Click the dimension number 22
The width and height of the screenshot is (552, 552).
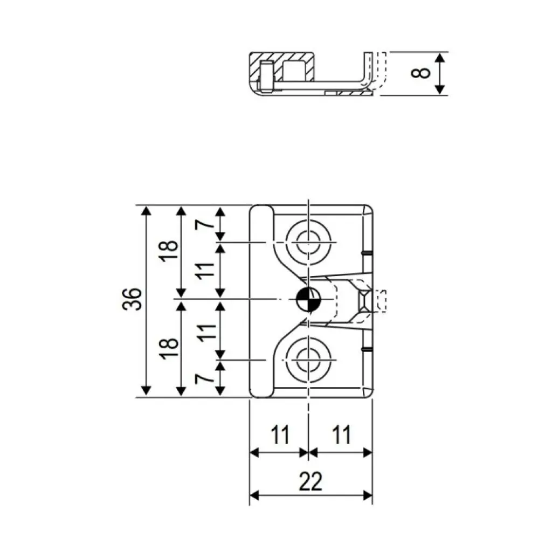(x=311, y=481)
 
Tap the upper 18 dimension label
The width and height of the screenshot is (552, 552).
(x=169, y=251)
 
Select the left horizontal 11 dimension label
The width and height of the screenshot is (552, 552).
(x=279, y=434)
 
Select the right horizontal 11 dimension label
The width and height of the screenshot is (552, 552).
(x=341, y=434)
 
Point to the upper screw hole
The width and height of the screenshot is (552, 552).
(x=308, y=243)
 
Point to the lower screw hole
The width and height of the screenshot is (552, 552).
(x=308, y=359)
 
